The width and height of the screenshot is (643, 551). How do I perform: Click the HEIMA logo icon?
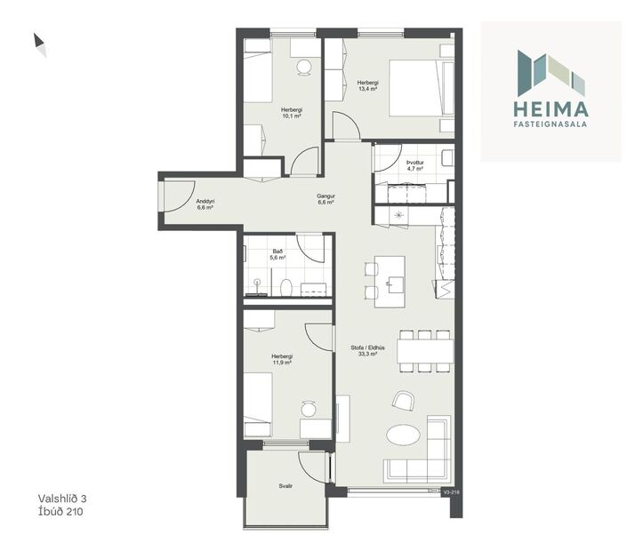click(551, 73)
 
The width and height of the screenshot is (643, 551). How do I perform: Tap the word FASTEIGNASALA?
click(551, 125)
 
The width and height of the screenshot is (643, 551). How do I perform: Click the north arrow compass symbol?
click(39, 44)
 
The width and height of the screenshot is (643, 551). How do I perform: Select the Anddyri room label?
click(205, 201)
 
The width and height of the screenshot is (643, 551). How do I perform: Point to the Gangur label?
click(325, 196)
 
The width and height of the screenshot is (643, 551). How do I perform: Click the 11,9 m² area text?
click(283, 363)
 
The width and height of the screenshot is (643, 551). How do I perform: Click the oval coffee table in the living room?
click(405, 436)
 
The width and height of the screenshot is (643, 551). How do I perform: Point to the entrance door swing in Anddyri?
click(175, 196)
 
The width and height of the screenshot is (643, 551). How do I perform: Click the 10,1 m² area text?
click(291, 113)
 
